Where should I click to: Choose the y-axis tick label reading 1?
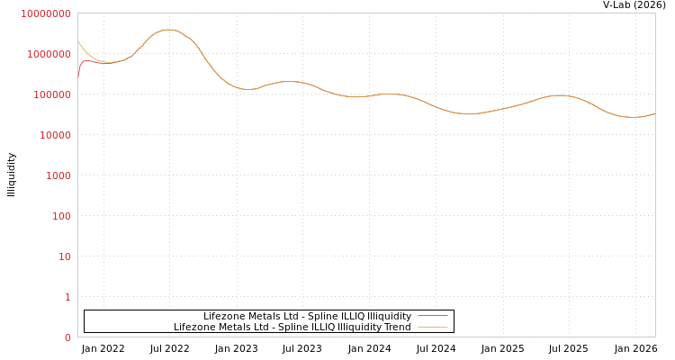pos(67,297)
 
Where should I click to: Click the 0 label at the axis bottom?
pos(67,337)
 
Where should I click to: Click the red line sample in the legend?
pos(432,316)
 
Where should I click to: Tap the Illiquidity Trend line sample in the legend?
pos(432,327)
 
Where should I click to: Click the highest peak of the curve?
pos(166,30)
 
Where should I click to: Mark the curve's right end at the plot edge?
pos(654,113)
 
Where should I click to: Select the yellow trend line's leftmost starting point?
pos(78,41)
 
